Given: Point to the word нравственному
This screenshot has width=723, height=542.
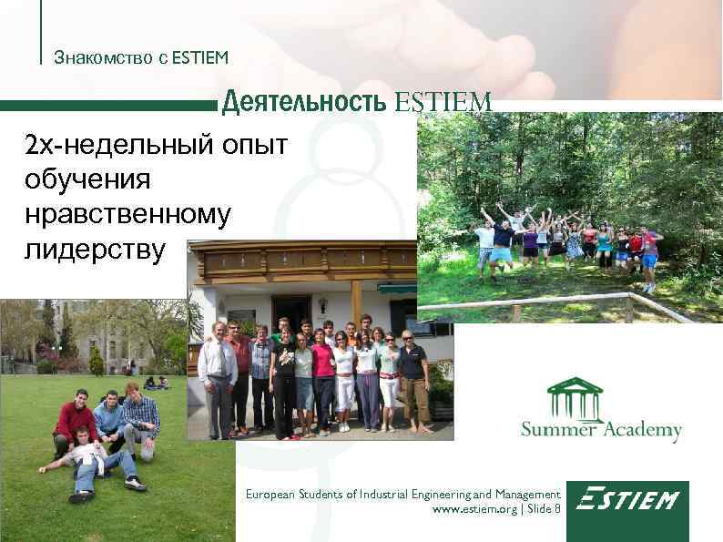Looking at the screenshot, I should pos(128,213).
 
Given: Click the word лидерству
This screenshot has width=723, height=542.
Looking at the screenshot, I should pos(96,248).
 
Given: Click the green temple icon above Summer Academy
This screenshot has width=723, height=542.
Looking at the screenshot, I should pos(575,398).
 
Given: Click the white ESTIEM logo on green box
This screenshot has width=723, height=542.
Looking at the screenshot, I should pos(627,501).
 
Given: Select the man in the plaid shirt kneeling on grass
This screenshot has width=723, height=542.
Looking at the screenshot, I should pos(140,419).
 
